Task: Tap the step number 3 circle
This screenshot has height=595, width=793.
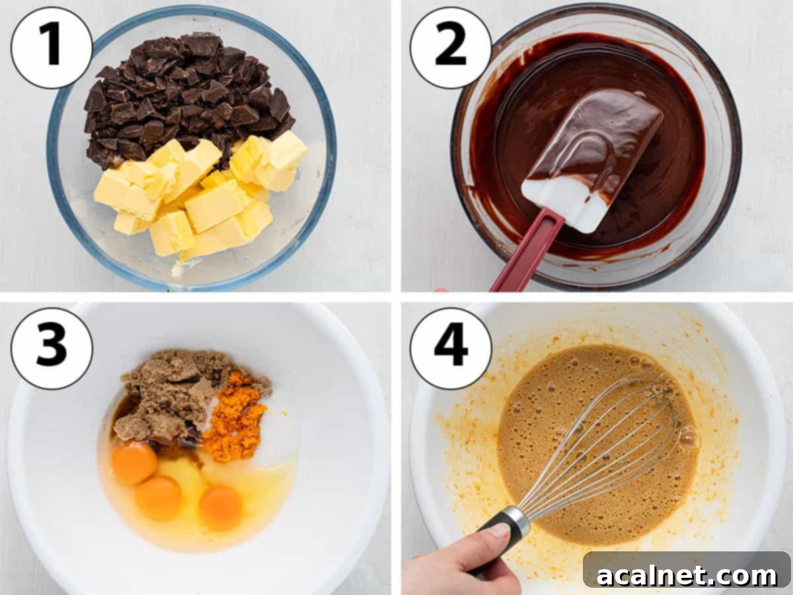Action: [52, 348]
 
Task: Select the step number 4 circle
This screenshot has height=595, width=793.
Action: [451, 348]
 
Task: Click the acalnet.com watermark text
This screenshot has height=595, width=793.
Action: [687, 575]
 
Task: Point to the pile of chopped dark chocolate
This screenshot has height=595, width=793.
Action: [185, 93]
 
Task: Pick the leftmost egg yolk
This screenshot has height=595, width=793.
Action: [134, 463]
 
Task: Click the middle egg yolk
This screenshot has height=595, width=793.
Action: [159, 496]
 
